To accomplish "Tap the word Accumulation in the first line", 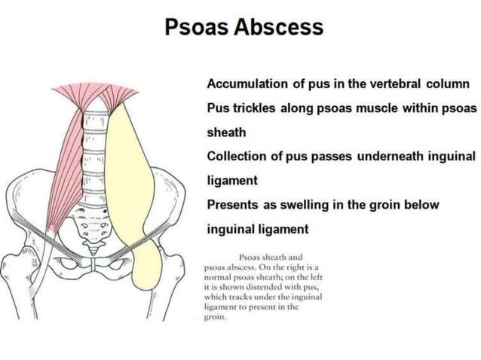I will tap(253, 84).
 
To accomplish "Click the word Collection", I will tap(240, 156).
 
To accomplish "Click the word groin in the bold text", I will tap(394, 204).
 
